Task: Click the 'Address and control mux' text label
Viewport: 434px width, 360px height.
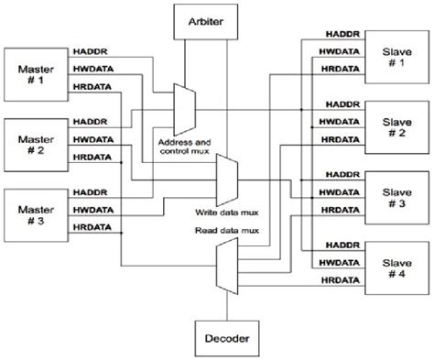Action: (x=184, y=147)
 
